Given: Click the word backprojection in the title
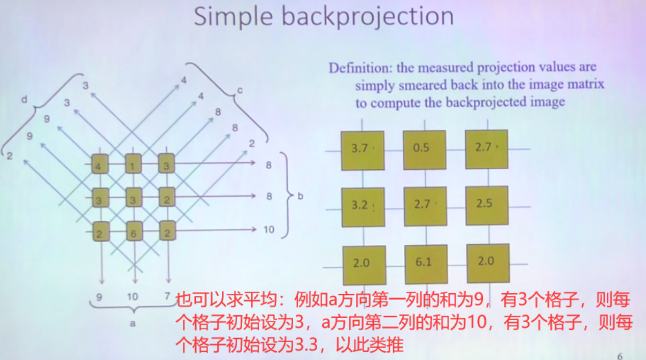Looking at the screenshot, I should pos(367,17).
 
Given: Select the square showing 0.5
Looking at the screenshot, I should pos(424,149).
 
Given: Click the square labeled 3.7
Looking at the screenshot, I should pos(362,149).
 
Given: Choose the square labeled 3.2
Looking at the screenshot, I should pos(362,207).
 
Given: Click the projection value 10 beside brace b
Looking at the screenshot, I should pos(269,229).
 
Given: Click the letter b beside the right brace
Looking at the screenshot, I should pos(300,196).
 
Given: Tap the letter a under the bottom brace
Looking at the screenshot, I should pos(133,323).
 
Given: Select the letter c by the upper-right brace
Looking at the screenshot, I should pos(239,91).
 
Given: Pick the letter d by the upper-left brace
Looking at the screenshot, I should pos(24,99).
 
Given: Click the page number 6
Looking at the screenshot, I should pos(619,356).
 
